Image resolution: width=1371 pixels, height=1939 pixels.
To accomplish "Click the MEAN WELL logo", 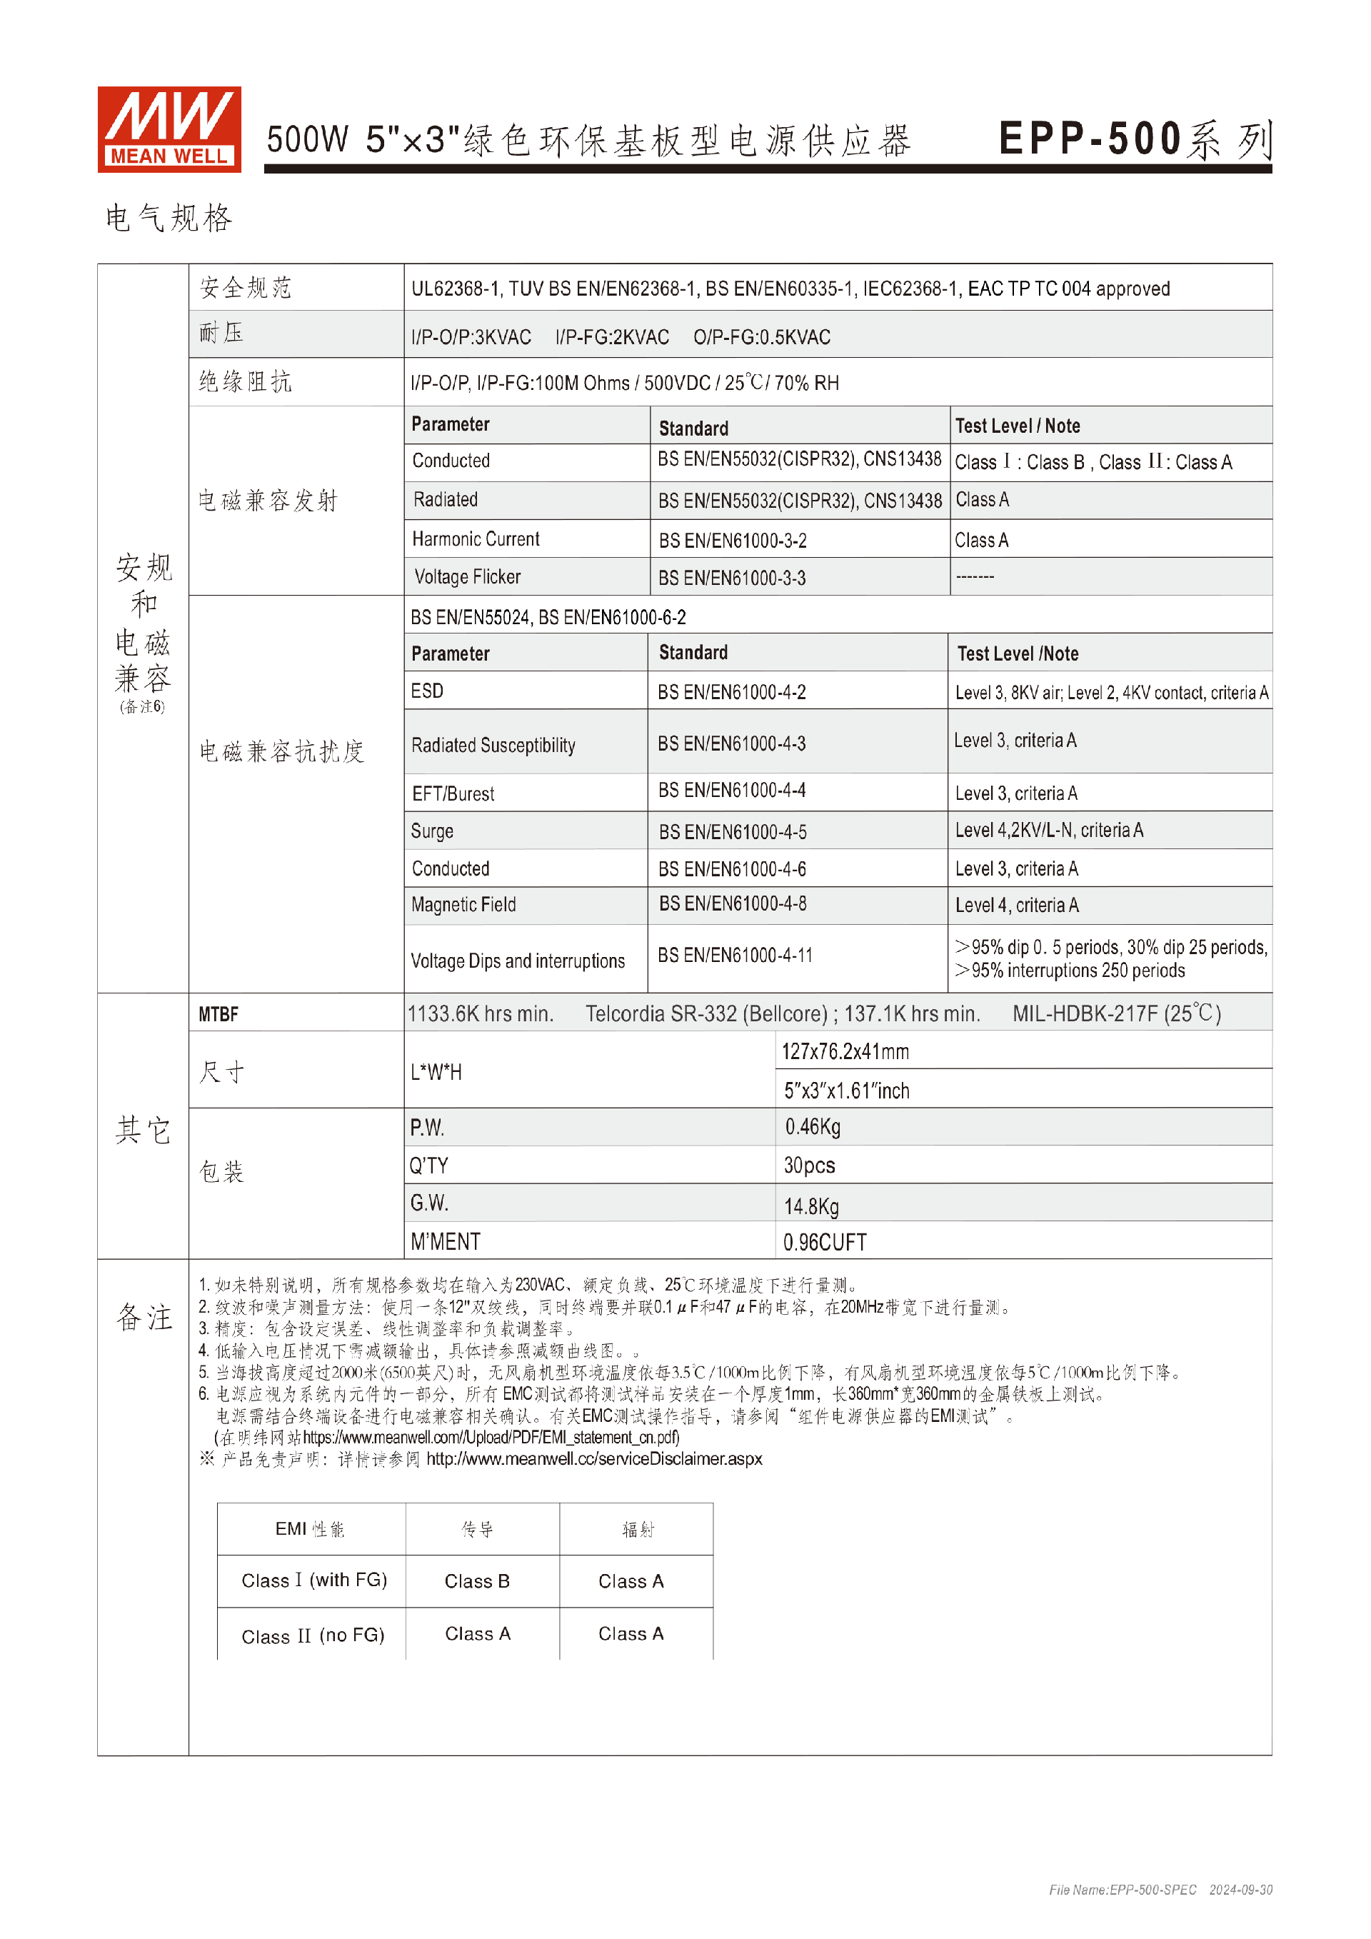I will [169, 129].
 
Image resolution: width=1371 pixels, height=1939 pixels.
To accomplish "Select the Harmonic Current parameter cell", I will [476, 538].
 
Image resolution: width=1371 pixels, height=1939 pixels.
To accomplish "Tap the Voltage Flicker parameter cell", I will [468, 577].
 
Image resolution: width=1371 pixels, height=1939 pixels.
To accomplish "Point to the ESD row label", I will [427, 691].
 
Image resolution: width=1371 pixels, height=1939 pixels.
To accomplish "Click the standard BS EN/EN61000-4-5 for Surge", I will [732, 832].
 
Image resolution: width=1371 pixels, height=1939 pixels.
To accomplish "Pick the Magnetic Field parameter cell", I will [463, 904].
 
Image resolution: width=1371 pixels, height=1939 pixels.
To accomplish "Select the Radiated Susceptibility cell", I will [493, 745].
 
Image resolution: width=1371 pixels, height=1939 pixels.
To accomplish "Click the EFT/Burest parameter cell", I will [453, 794].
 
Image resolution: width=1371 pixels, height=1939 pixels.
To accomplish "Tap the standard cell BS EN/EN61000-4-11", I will [735, 955].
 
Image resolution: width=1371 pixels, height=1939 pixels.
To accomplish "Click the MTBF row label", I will [219, 1014].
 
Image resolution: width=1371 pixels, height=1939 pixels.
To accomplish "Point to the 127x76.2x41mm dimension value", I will [845, 1051].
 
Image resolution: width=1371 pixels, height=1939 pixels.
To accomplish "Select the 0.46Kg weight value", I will [812, 1126].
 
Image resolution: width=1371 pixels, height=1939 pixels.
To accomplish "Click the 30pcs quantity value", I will [809, 1166].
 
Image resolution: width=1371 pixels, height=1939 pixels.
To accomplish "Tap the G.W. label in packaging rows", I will [429, 1203].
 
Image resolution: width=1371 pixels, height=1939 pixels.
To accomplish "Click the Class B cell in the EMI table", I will [477, 1581].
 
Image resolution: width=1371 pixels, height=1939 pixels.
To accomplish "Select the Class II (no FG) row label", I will [312, 1635].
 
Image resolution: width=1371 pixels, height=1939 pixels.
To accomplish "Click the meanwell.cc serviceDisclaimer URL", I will [593, 1458].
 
